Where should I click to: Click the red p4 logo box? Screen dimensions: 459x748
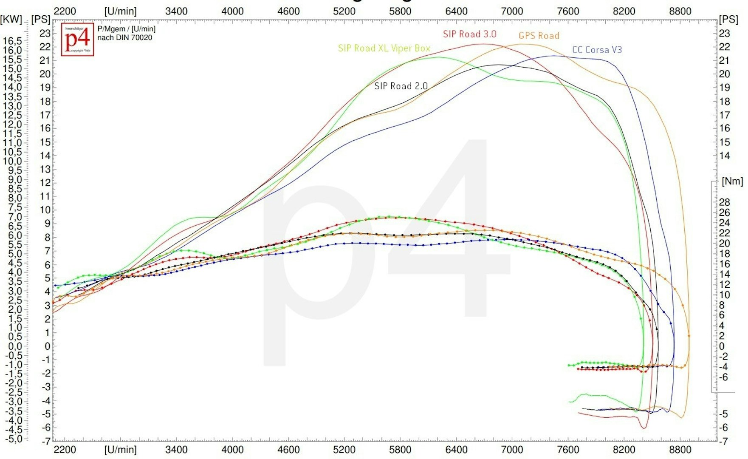tap(77, 39)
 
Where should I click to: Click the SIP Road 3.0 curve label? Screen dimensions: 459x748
tap(469, 34)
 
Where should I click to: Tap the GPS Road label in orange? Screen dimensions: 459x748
tap(539, 36)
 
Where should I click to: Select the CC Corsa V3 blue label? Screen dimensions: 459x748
tap(597, 50)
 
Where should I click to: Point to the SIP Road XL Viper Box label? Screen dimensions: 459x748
tap(384, 48)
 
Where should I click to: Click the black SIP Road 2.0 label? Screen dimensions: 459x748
tap(401, 86)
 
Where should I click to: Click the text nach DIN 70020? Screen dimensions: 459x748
tap(124, 37)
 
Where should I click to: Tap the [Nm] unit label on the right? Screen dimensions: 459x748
tap(732, 181)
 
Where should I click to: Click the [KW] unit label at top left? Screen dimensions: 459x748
tap(11, 19)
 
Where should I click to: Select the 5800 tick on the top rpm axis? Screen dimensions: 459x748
tap(400, 11)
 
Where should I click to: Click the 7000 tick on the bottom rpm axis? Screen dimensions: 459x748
tap(512, 450)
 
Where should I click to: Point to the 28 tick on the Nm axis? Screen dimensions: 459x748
tap(724, 202)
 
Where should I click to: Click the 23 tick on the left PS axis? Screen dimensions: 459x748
tap(45, 33)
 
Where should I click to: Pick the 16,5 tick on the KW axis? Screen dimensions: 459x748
tap(13, 41)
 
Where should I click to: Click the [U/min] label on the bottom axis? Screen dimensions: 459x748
tap(120, 450)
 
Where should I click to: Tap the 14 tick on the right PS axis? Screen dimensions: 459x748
tap(724, 156)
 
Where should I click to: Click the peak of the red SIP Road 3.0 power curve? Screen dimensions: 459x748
tap(484, 44)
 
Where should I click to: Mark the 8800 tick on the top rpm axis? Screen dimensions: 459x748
tap(680, 11)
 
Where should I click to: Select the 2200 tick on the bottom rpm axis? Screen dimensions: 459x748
tap(65, 450)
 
